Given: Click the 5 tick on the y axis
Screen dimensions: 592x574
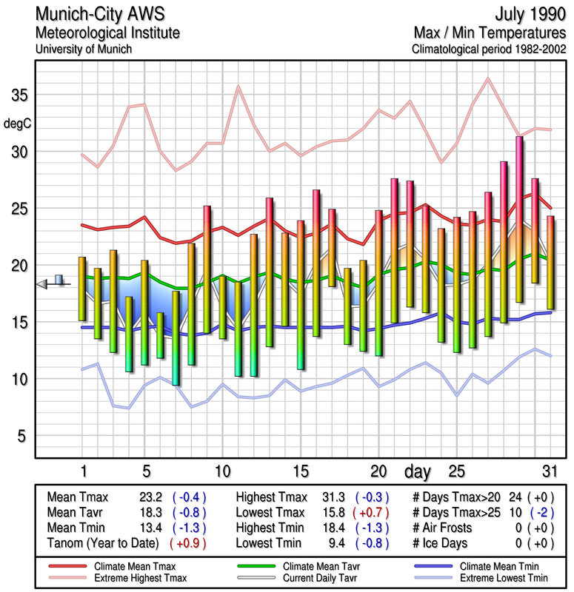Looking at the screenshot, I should pos(23,436).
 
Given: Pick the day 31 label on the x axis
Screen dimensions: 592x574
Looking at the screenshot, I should pos(549,471).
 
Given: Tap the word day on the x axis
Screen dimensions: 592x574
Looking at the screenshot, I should pos(419,471).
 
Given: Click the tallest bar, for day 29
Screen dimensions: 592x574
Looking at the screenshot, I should pos(519,219).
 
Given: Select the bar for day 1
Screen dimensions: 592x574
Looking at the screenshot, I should pos(82,289).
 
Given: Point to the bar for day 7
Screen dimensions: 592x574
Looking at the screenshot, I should pos(176,337).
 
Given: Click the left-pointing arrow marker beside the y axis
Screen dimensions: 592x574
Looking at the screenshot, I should pos(43,283).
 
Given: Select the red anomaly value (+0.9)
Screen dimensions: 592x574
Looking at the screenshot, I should pos(188,543).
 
